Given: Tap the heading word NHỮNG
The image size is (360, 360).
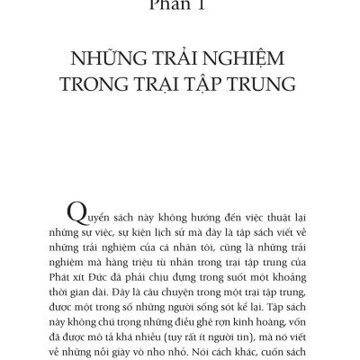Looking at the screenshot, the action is click(113, 62).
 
